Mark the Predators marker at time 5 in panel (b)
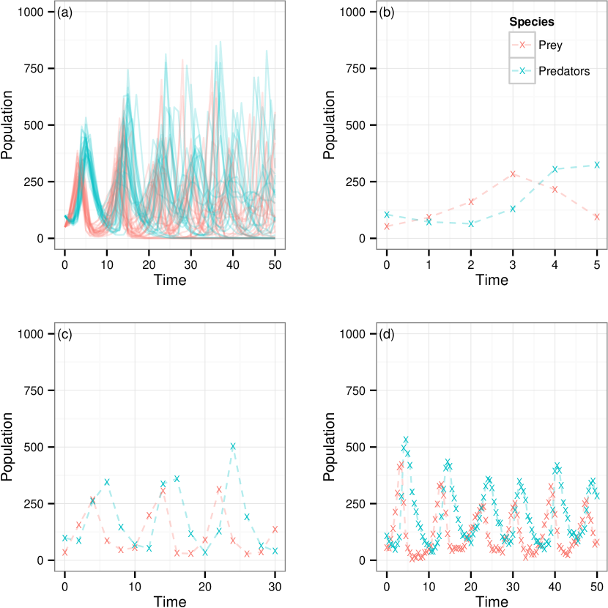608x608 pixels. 597,165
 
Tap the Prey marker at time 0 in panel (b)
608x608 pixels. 387,226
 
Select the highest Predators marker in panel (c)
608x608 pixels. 233,446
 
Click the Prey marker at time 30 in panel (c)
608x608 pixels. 275,529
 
